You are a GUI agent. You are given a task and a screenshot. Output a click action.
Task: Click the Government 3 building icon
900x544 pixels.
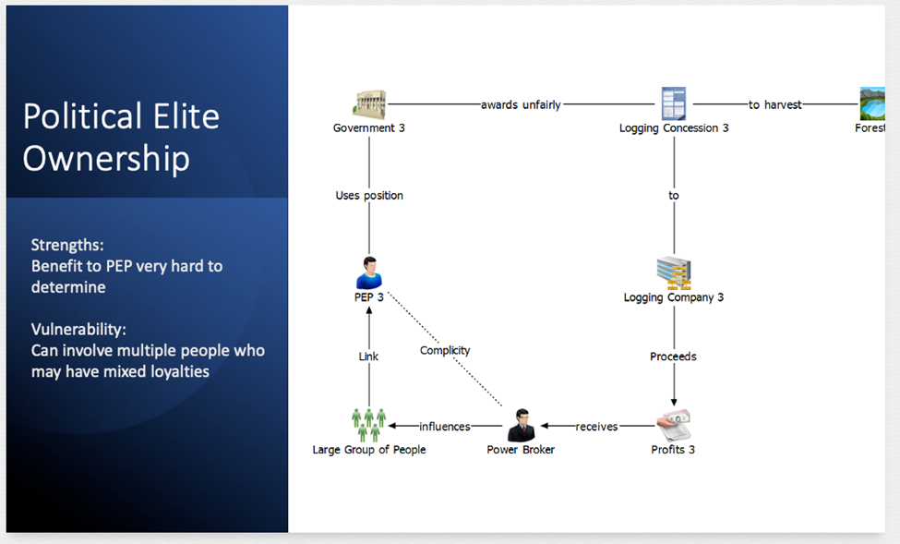pos(369,104)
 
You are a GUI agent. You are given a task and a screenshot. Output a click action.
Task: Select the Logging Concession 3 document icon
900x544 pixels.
pos(673,103)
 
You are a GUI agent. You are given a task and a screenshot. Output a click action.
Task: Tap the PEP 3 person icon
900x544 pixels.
pos(368,273)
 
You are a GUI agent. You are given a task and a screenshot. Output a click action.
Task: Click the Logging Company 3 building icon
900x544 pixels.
pos(673,273)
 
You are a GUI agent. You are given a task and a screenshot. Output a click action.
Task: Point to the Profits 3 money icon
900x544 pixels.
pos(673,426)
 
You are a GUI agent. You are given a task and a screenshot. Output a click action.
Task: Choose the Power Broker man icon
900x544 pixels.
pos(521,425)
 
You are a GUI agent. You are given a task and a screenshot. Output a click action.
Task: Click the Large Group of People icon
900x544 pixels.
pos(368,425)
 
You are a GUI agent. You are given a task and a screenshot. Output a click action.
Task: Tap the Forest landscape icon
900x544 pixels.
pos(872,103)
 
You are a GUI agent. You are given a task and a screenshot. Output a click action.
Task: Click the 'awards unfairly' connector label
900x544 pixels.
pos(521,104)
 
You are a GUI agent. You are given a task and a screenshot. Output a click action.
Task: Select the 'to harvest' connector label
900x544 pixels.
pos(774,104)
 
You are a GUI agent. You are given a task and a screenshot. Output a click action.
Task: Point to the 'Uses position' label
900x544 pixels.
pos(369,196)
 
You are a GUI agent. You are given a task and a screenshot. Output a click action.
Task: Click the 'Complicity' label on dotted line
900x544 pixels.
pos(445,350)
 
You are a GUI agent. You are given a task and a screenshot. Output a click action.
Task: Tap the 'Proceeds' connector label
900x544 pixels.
pos(673,357)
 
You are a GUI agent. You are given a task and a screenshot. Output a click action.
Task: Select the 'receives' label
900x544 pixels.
pos(596,427)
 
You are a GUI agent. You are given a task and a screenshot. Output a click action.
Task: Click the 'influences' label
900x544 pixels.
pos(445,427)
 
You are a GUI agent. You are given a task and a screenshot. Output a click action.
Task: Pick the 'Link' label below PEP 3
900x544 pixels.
pos(368,357)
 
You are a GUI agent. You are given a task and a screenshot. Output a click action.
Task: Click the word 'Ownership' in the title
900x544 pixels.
pos(106,158)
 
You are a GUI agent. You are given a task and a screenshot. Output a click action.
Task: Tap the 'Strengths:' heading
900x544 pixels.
pos(67,245)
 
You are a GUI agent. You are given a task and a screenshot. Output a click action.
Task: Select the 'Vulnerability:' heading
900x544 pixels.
pos(78,329)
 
